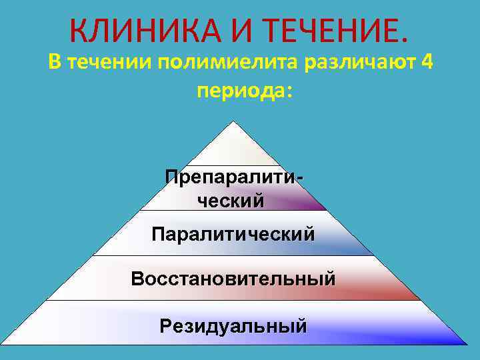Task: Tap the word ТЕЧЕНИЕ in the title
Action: point(332,30)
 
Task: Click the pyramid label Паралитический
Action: point(233,234)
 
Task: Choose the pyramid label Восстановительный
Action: point(233,278)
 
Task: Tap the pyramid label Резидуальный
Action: point(233,326)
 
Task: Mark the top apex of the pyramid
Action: point(233,122)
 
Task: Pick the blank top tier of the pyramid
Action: point(233,148)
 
